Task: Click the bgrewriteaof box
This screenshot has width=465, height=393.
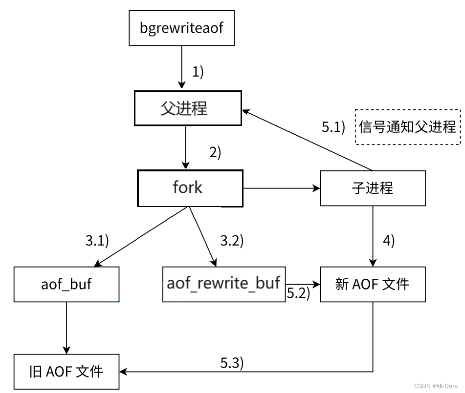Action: pyautogui.click(x=181, y=28)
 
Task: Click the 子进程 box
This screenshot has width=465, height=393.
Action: pyautogui.click(x=373, y=188)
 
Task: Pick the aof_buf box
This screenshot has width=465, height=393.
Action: pyautogui.click(x=66, y=284)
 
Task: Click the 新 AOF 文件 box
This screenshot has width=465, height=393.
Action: pyautogui.click(x=373, y=284)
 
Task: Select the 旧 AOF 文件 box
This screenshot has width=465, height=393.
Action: pyautogui.click(x=66, y=372)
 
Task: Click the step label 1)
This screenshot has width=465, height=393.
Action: pyautogui.click(x=198, y=72)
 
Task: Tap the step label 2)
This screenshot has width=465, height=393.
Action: pyautogui.click(x=216, y=152)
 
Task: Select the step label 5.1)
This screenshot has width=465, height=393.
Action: pyautogui.click(x=333, y=127)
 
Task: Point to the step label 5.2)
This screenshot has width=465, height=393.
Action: pyautogui.click(x=298, y=294)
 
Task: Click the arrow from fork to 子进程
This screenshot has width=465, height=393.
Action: pyautogui.click(x=281, y=188)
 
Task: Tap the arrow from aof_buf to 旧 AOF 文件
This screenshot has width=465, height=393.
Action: pyautogui.click(x=66, y=328)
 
